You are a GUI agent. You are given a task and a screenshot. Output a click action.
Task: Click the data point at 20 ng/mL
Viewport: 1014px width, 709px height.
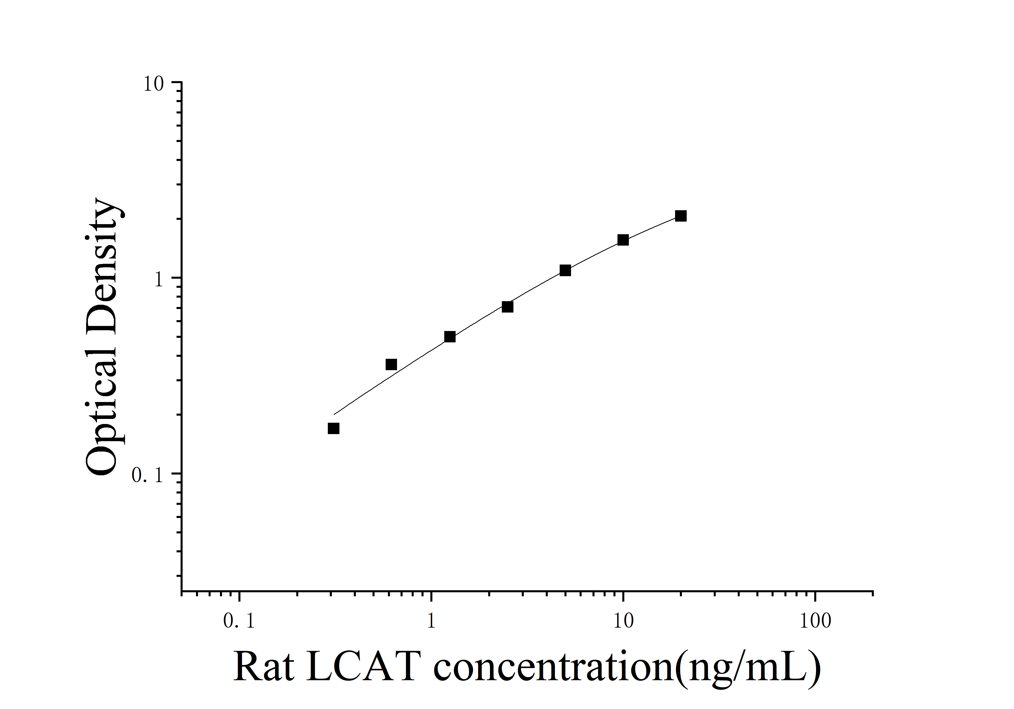click(x=681, y=216)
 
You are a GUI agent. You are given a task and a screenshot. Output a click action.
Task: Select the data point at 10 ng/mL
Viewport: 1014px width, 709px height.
click(x=623, y=240)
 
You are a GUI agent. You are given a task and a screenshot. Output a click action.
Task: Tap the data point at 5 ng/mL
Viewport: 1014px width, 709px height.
click(x=565, y=270)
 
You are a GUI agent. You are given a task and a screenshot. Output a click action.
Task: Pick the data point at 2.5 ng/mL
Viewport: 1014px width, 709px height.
click(x=507, y=306)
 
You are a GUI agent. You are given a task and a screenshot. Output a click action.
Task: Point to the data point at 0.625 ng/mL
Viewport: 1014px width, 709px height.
click(x=391, y=364)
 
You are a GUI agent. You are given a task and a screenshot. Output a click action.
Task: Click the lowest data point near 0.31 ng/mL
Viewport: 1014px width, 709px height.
click(x=333, y=428)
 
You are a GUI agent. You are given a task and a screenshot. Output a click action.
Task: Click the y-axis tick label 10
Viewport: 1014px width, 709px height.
click(x=153, y=84)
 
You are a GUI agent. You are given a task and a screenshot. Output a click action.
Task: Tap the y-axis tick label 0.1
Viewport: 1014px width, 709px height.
click(x=148, y=475)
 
